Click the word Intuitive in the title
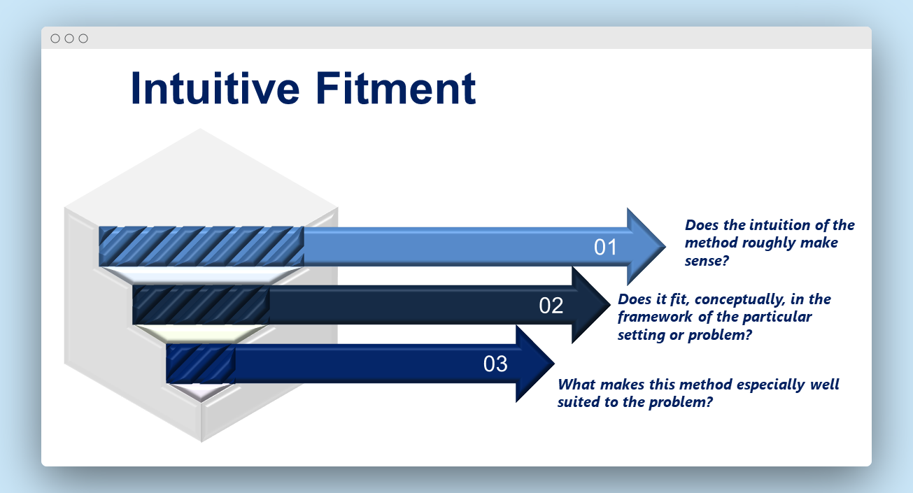[215, 88]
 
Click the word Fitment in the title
[395, 88]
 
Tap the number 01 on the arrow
[605, 248]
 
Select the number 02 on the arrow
[551, 306]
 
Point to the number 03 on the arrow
[495, 364]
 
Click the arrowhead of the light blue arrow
[646, 246]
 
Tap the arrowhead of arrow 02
[591, 305]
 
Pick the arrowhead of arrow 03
[535, 364]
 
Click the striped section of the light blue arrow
[201, 246]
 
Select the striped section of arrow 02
[201, 305]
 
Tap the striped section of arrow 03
[201, 364]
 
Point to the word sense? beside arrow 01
[707, 261]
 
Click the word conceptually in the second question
[739, 299]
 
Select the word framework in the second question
[655, 317]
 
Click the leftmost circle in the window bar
[55, 38]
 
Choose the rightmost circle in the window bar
[83, 38]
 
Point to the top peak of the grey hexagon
[199, 129]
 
